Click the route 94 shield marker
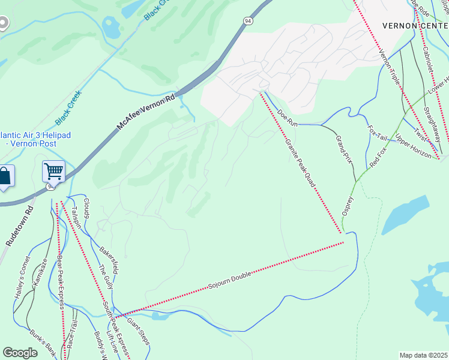point(248,21)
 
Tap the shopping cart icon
point(53,172)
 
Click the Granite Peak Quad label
point(300,160)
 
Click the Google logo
point(20,352)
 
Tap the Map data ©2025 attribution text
point(424,355)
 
